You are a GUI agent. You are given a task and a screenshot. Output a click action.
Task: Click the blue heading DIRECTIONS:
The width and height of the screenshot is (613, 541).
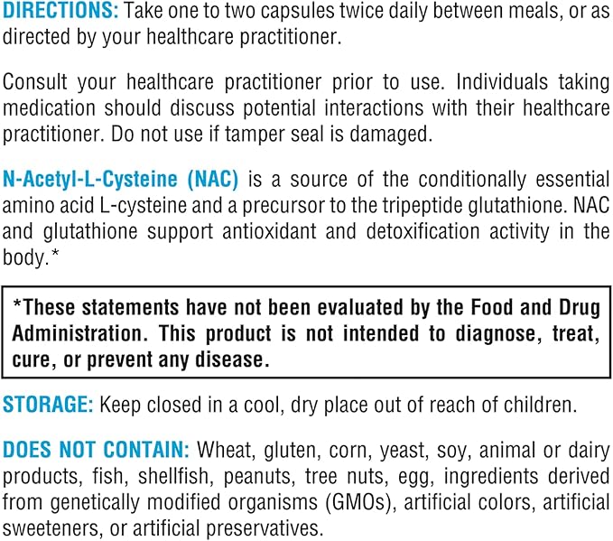coord(60,12)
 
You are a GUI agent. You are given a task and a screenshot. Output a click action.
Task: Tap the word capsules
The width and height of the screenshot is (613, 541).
coord(282,12)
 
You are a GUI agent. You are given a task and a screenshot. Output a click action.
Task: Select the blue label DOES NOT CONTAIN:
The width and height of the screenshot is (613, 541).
coord(95,450)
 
